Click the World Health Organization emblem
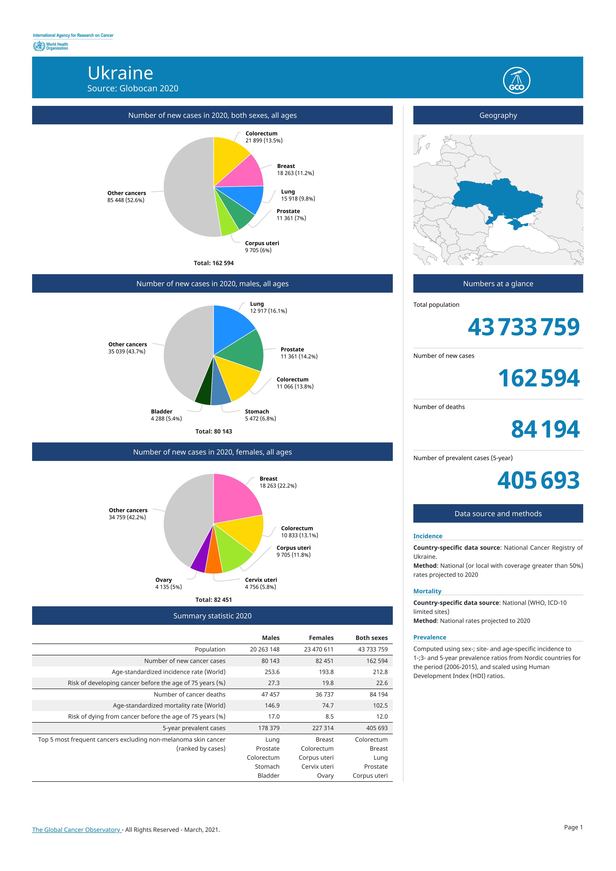click(x=39, y=46)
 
